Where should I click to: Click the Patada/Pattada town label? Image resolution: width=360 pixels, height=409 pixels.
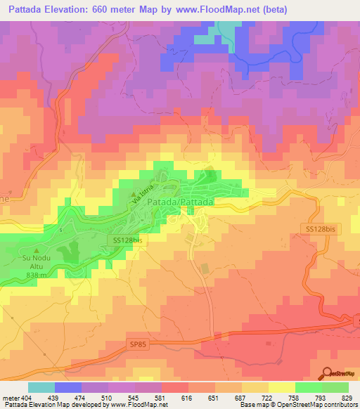click(181, 202)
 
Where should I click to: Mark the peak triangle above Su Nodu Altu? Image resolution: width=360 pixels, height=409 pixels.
click(37, 250)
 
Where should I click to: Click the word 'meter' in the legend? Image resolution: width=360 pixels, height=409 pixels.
click(11, 398)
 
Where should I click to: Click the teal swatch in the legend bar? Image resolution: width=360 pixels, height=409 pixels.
click(41, 387)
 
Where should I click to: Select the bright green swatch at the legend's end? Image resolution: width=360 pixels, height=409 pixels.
click(335, 387)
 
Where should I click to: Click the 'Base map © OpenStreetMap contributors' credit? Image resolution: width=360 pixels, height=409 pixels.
click(297, 405)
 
